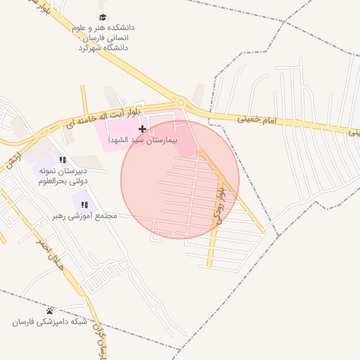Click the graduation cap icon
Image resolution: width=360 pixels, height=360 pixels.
click(103, 17)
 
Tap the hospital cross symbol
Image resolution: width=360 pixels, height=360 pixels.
click(143, 129)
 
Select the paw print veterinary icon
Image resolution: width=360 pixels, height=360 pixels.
click(49, 311)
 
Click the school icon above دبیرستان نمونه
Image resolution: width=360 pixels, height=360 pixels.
click(63, 160)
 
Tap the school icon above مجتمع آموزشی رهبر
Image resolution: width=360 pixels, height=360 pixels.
click(84, 205)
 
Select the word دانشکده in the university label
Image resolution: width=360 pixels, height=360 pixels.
click(120, 27)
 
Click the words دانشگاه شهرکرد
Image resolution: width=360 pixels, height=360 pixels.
click(103, 49)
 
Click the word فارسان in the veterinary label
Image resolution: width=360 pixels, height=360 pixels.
click(27, 322)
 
